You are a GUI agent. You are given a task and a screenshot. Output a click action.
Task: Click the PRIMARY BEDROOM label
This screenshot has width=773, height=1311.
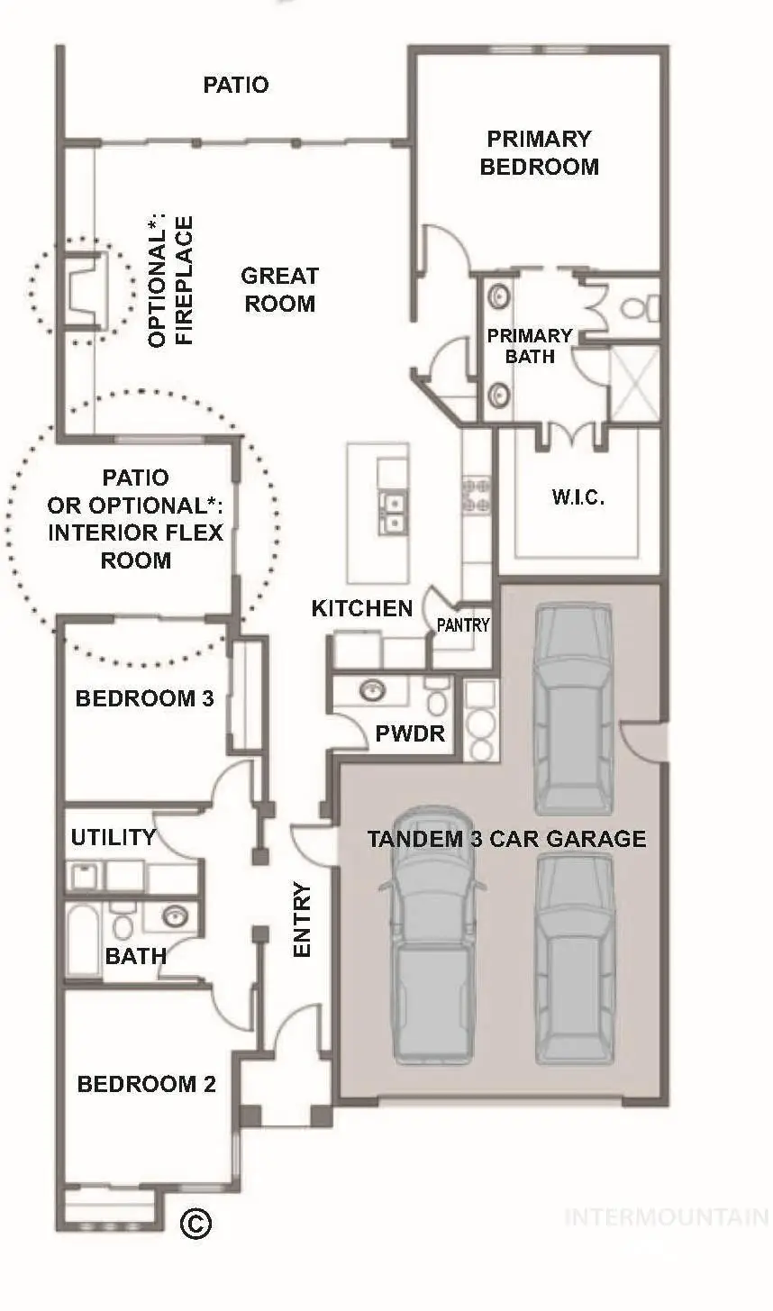539,152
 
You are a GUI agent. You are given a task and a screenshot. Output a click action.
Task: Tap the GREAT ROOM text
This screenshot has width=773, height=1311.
280,289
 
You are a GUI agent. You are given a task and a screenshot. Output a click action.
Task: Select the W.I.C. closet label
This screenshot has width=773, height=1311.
577,496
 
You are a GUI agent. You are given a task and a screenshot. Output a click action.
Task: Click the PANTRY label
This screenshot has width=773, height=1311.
463,624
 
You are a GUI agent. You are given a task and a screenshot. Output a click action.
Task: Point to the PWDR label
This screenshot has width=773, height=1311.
410,733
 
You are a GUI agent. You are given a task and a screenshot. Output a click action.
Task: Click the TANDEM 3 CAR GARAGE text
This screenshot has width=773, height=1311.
506,839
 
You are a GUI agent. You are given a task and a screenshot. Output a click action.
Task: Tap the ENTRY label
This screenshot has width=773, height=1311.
302,919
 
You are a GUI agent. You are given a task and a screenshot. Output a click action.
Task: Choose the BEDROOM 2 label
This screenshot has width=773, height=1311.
146,1084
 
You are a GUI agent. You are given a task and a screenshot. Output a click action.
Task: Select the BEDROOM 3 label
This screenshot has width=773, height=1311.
144,698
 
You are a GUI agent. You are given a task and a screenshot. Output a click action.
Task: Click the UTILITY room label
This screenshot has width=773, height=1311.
113,837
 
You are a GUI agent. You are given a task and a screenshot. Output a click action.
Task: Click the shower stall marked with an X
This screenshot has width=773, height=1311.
635,384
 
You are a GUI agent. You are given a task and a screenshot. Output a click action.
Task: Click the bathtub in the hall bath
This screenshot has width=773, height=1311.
83,938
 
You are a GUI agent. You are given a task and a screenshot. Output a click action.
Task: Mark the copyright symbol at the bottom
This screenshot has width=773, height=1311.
196,1223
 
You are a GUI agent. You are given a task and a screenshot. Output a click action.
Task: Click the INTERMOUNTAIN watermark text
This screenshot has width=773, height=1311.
665,1217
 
